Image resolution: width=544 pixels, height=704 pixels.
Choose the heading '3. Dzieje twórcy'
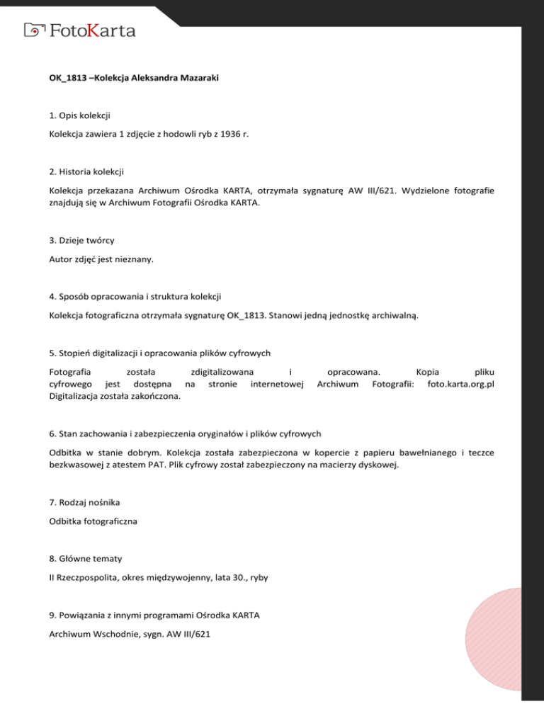(82, 240)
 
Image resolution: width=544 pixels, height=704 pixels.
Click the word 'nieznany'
(135, 259)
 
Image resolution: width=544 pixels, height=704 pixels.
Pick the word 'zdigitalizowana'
(222, 370)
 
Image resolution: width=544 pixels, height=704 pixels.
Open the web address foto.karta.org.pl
(457, 384)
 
